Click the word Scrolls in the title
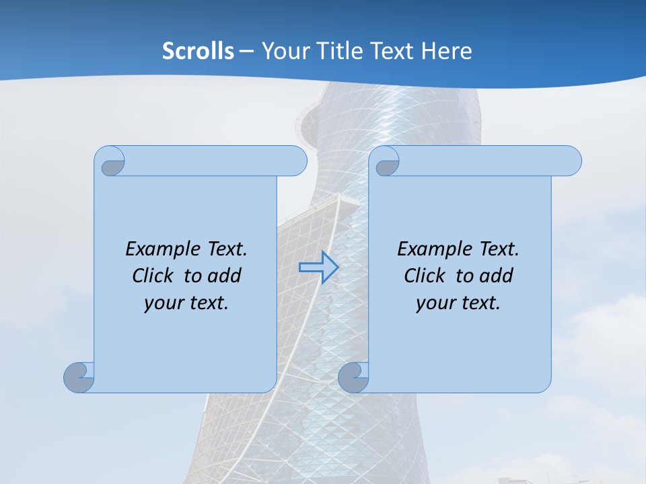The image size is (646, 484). click(199, 51)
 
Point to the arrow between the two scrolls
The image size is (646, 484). click(318, 267)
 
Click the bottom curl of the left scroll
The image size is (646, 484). click(79, 376)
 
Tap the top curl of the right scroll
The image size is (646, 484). click(387, 163)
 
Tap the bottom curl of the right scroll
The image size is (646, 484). click(353, 376)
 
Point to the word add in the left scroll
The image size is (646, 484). click(225, 276)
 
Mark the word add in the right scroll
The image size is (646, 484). click(497, 276)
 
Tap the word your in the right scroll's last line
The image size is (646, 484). click(433, 303)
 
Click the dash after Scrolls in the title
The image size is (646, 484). click(246, 51)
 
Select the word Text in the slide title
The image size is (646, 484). click(392, 51)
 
